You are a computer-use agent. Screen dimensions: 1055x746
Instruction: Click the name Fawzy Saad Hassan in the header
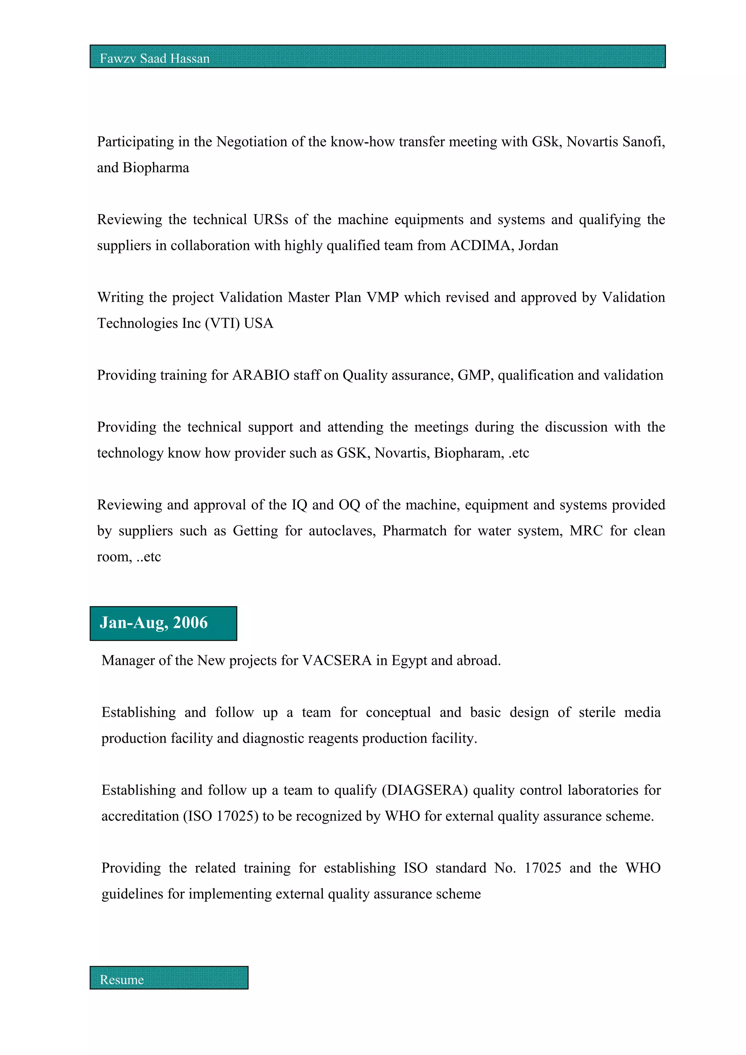[x=154, y=58]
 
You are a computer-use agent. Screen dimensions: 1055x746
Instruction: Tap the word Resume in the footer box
[x=122, y=980]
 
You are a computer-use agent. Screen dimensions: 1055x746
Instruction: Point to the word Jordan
[x=538, y=245]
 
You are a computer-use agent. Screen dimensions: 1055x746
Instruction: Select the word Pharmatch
[x=414, y=531]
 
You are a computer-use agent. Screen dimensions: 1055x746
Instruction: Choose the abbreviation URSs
[x=271, y=220]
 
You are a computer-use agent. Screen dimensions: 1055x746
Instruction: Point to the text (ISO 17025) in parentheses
[x=221, y=816]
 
